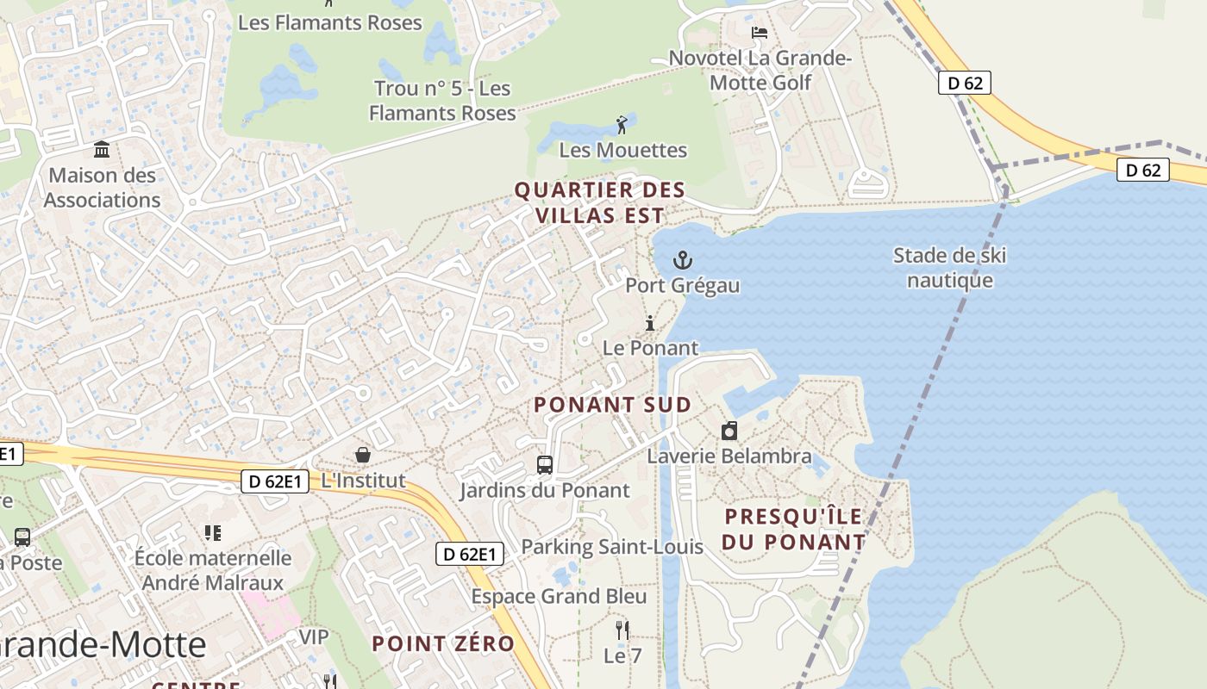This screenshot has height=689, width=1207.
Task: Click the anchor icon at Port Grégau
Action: [683, 259]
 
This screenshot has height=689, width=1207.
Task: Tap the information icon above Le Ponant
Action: [650, 323]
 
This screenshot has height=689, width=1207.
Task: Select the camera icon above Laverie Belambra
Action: [729, 431]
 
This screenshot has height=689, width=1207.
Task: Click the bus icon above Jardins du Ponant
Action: [545, 465]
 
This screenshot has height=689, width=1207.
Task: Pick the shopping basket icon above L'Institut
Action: [363, 454]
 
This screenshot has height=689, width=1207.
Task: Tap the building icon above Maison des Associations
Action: [103, 150]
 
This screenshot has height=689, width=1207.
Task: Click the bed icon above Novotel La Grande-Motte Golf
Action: [760, 33]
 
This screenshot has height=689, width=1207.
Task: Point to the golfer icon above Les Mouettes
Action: [622, 125]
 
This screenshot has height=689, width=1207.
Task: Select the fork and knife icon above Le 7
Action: [622, 630]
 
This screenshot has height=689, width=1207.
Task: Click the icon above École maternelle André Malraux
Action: [213, 533]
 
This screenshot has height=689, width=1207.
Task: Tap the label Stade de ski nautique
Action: [949, 268]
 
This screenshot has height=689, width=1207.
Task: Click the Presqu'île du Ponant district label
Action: [793, 529]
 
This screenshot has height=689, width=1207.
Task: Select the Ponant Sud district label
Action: [612, 405]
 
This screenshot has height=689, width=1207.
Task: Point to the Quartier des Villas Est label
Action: [600, 202]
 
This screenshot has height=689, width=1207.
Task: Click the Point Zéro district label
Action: [443, 643]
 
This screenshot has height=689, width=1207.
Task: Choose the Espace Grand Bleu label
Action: [559, 596]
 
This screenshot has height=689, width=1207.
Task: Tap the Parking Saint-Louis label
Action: [612, 546]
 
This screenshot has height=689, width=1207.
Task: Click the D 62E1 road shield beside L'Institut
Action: [274, 481]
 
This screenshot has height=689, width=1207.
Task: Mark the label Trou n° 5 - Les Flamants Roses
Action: [441, 101]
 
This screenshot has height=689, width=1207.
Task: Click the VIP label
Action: [314, 636]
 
